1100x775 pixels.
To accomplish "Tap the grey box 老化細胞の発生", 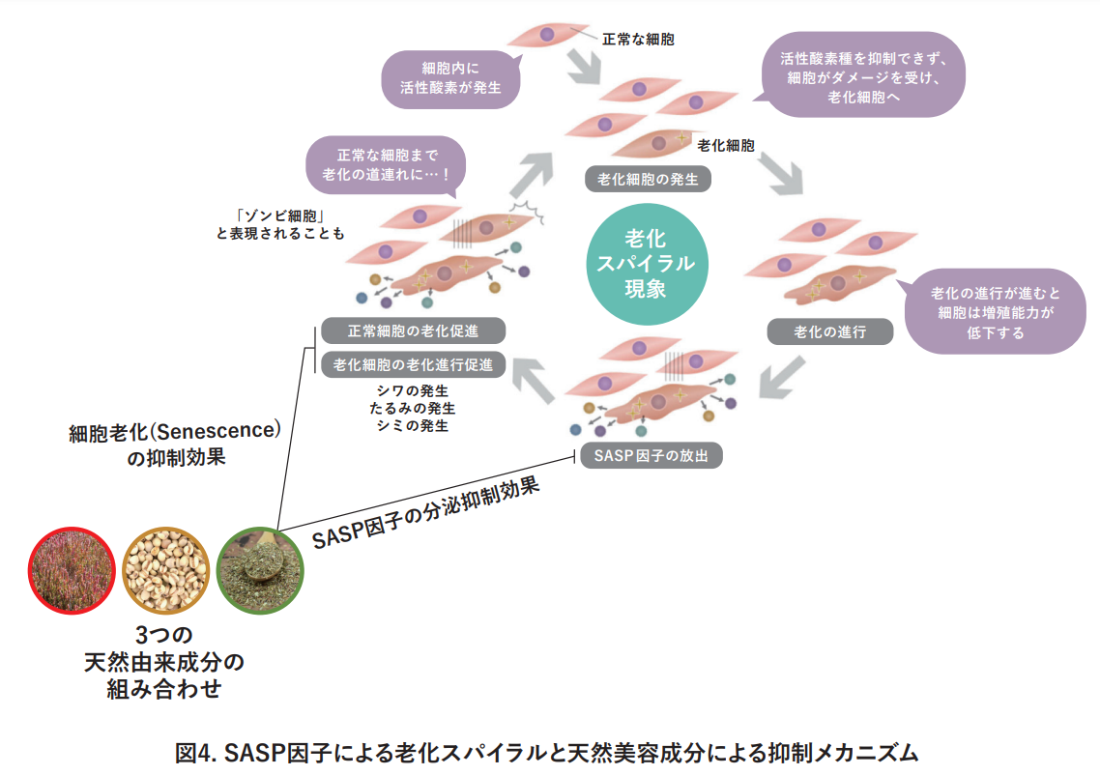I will (x=648, y=179).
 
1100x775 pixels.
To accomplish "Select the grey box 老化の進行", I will (x=829, y=331).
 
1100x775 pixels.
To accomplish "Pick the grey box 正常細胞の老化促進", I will (x=413, y=330).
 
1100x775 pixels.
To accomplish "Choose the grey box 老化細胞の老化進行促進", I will (x=413, y=364).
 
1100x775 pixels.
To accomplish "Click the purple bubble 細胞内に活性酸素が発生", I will (x=449, y=78).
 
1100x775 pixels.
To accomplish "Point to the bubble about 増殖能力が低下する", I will (x=994, y=314).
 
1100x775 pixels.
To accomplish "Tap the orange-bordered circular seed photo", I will (x=165, y=570).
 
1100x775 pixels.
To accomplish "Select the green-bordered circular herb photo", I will (x=260, y=570).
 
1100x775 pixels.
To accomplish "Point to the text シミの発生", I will (x=415, y=425).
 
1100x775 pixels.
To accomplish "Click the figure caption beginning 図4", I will (x=547, y=752).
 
